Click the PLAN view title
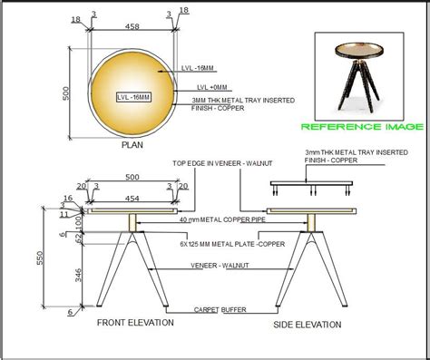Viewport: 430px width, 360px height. coord(132,143)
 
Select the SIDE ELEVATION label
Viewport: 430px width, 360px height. coord(307,324)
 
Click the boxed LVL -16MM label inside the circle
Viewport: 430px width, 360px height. coord(133,95)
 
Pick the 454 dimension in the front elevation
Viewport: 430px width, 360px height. coord(132,198)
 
